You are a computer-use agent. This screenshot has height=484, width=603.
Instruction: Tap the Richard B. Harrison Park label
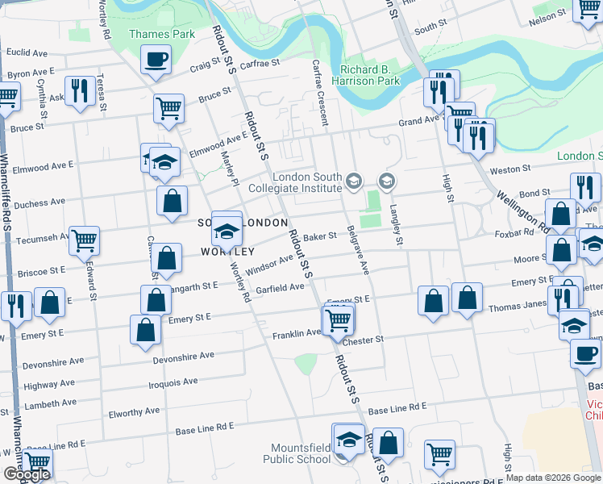point(370,76)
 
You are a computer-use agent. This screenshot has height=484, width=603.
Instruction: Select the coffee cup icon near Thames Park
point(156,59)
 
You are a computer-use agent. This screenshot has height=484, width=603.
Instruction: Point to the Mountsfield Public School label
point(297,453)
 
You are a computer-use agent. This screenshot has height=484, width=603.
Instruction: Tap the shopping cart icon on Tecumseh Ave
point(84,240)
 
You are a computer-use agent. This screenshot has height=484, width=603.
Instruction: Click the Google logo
point(26,474)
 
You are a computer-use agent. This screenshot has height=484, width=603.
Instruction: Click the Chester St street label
point(363,340)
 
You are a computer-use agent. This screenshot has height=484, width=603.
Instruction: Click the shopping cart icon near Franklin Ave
point(339,320)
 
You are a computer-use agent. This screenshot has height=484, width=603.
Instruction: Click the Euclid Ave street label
point(27,53)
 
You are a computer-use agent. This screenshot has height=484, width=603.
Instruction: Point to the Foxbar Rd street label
point(510,234)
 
